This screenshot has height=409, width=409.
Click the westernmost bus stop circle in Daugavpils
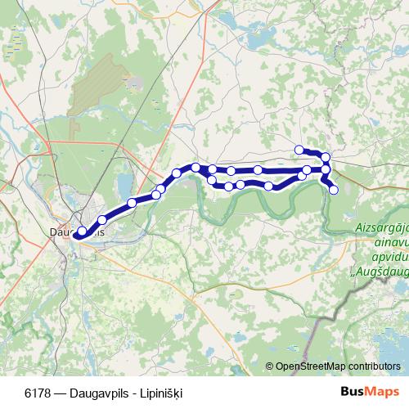pos(81,231)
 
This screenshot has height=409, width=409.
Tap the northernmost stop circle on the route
pos(299,149)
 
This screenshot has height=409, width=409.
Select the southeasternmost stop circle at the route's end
pos(333,190)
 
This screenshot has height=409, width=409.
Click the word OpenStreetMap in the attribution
pos(309,367)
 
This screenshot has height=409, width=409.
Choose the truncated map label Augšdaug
pos(381,262)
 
